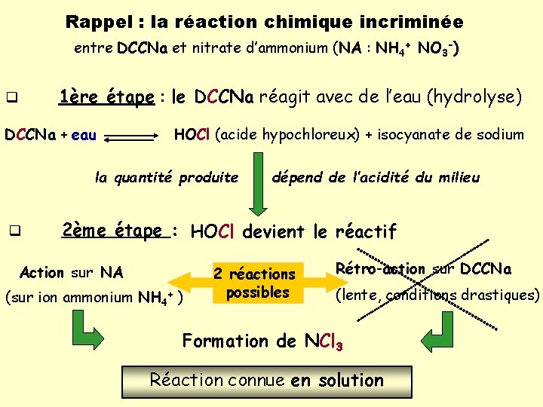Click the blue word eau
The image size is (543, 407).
tap(84, 136)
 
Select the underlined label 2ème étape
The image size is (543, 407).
tap(113, 231)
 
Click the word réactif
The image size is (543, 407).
tap(365, 231)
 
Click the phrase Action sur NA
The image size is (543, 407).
tap(71, 272)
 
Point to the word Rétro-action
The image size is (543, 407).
tap(380, 269)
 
